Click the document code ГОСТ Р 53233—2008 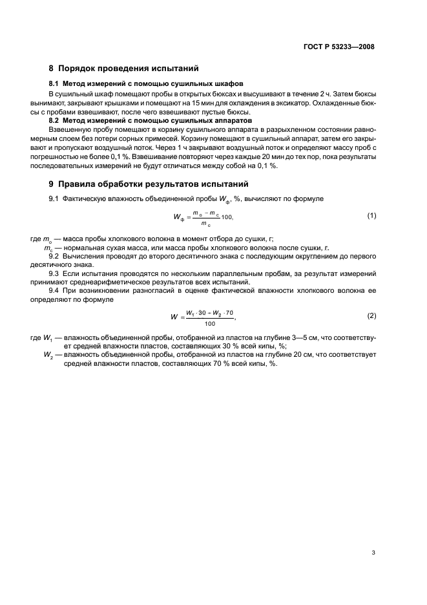point(339,47)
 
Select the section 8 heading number point(52,68)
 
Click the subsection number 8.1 point(55,84)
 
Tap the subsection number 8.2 point(55,120)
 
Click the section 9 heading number point(52,183)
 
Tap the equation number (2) point(371,315)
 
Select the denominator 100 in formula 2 point(209,323)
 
